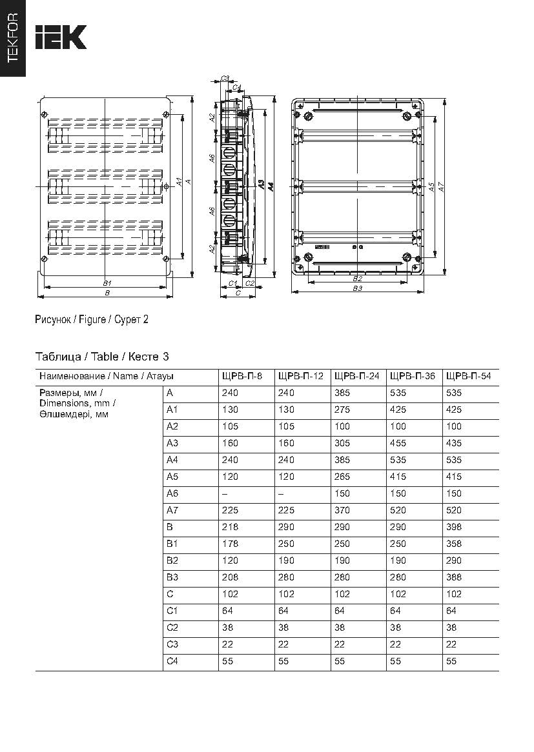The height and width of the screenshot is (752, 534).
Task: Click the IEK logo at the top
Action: [x=60, y=37]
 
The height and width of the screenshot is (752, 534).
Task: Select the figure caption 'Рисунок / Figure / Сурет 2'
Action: [x=92, y=319]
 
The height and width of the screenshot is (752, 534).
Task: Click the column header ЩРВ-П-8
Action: [x=242, y=376]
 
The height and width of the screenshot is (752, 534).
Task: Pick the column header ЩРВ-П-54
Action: [x=469, y=376]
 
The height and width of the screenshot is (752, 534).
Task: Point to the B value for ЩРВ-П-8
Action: [x=230, y=527]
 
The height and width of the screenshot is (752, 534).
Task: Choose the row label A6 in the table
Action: [x=172, y=493]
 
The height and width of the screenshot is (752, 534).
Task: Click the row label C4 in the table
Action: [x=172, y=661]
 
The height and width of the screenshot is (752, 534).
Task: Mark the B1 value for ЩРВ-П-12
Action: [x=285, y=544]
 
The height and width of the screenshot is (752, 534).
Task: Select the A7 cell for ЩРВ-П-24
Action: [x=342, y=510]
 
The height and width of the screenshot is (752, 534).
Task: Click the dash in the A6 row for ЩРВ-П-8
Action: [x=224, y=493]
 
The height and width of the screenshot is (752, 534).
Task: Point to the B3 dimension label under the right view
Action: [x=357, y=288]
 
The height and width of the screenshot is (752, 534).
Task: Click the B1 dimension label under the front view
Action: [x=107, y=282]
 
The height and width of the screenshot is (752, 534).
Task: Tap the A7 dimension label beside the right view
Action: [x=441, y=186]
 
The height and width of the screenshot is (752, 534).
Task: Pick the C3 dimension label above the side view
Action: [x=225, y=78]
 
